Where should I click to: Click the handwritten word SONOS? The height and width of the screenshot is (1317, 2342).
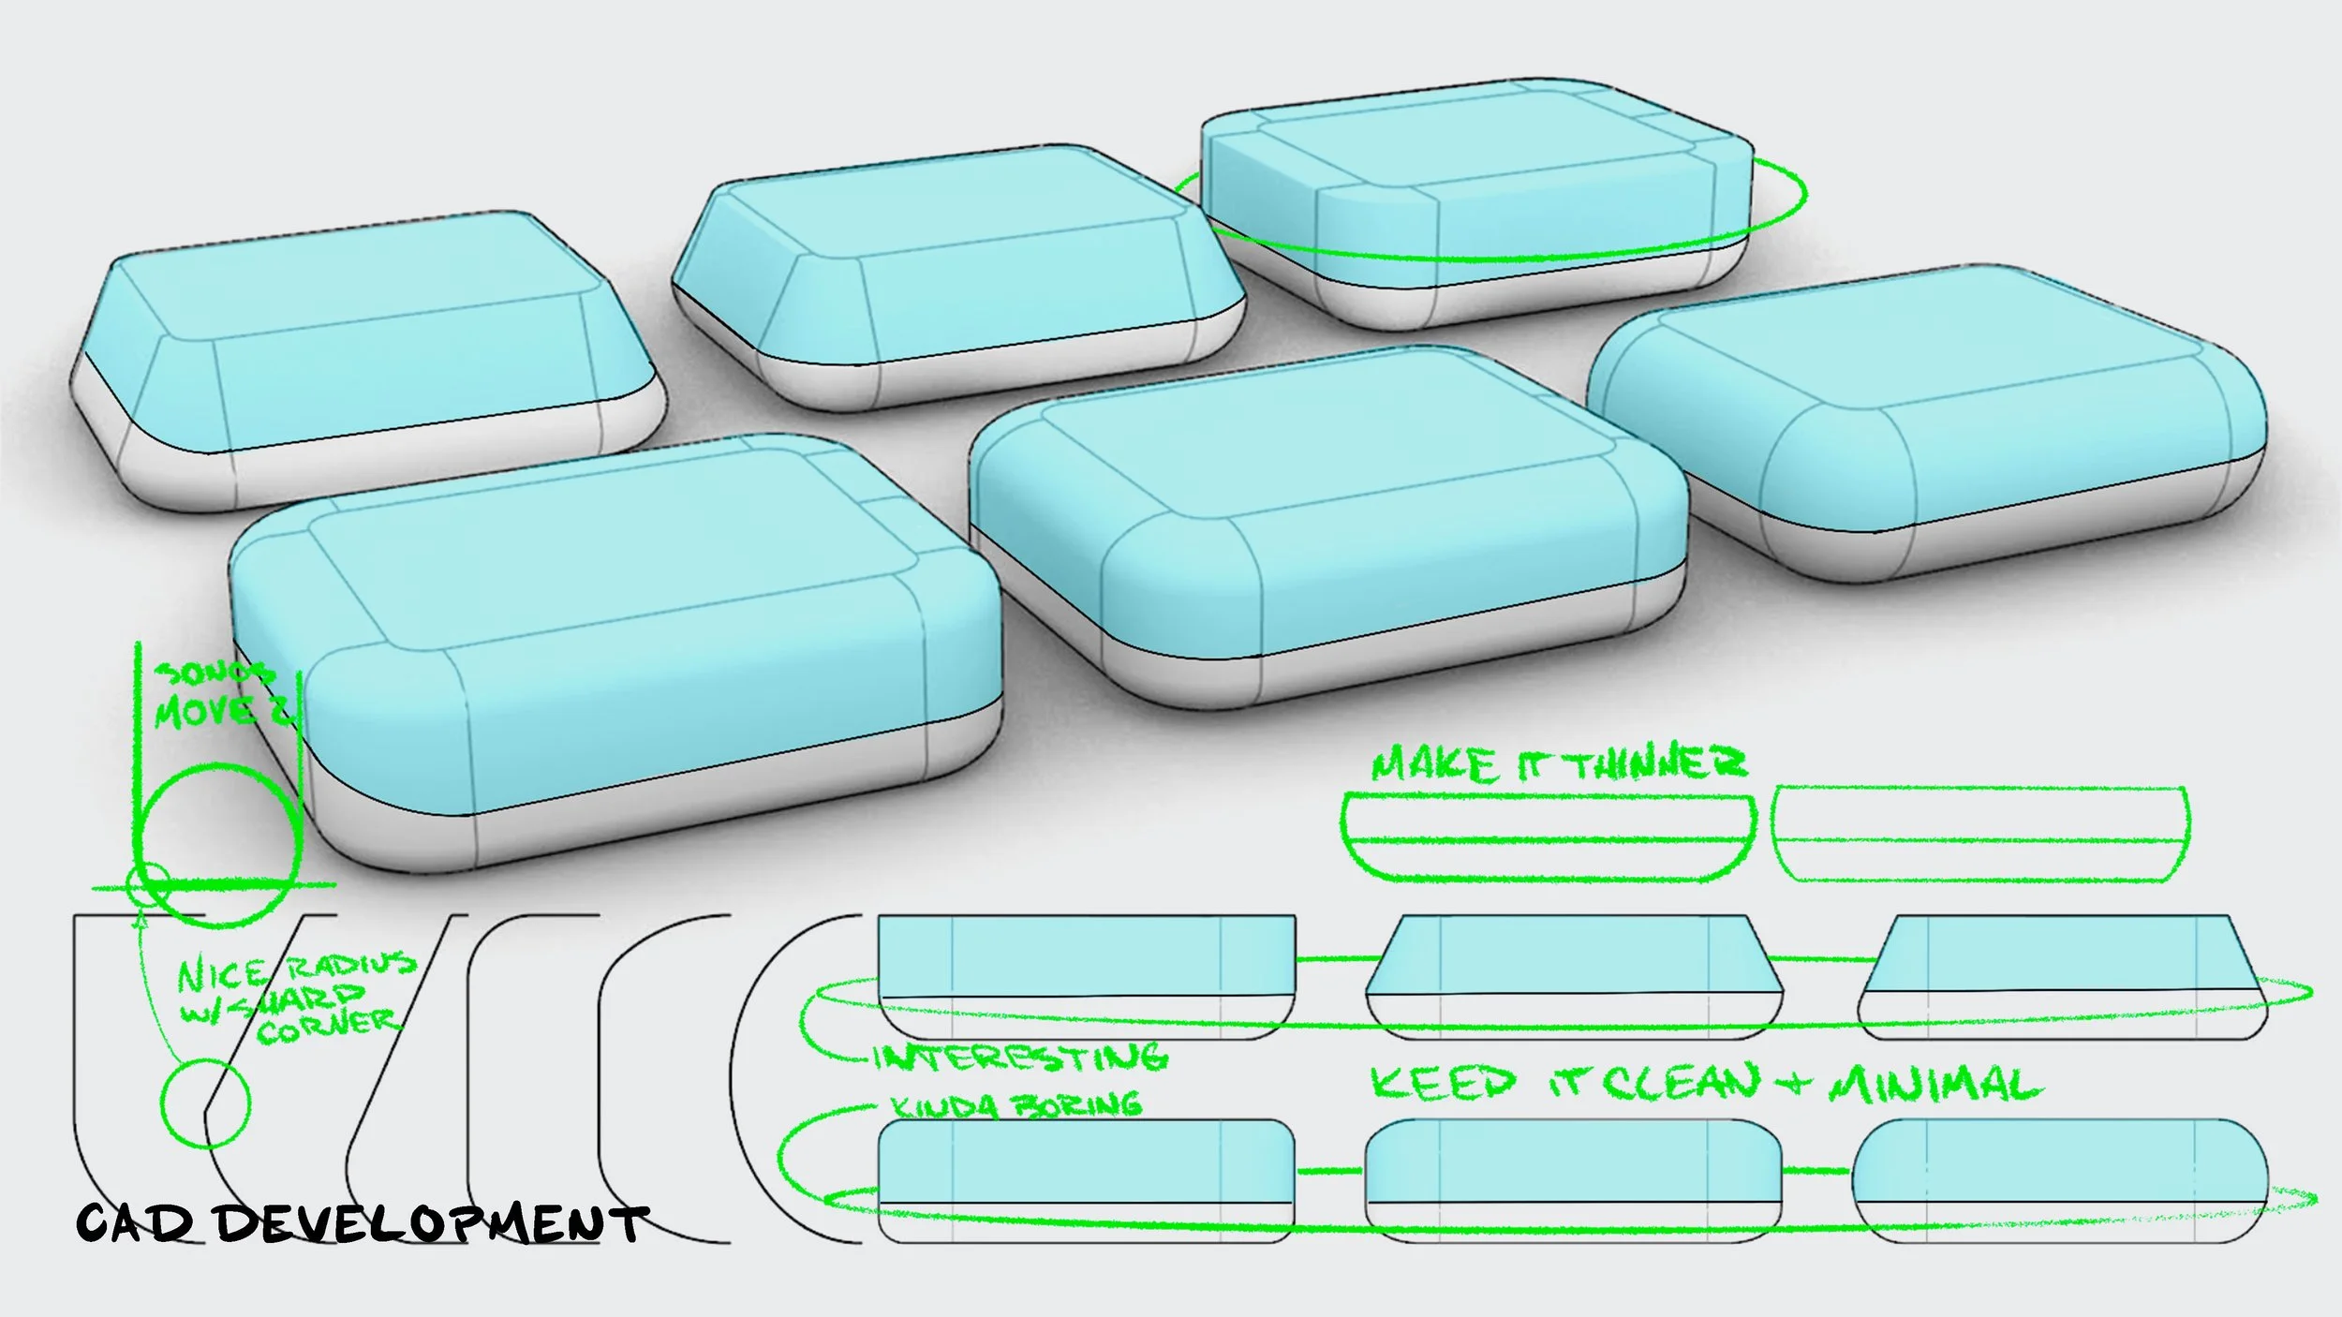pos(214,672)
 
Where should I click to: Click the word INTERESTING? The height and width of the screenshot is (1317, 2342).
pos(1020,1058)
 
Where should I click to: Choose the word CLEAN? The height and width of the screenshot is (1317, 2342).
pos(1682,1083)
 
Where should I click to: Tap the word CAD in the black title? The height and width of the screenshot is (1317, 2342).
pos(135,1222)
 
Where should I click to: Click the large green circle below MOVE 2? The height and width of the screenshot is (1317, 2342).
pos(219,843)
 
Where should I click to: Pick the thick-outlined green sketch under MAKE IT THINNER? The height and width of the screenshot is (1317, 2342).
pos(1548,836)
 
